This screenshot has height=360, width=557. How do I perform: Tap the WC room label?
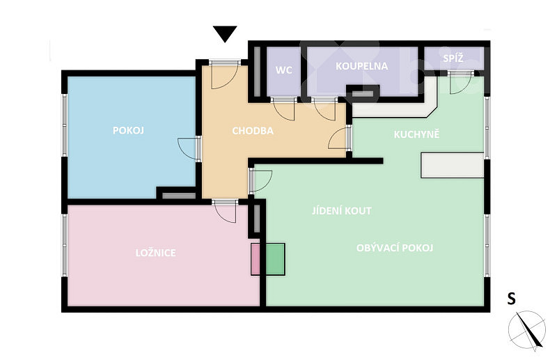[284, 70]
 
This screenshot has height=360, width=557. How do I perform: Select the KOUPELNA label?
[361, 66]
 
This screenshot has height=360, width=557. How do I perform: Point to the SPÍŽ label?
[453, 58]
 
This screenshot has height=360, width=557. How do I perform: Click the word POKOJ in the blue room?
[128, 130]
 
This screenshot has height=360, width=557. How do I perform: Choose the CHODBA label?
[253, 131]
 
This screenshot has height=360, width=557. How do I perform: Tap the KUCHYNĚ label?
[416, 134]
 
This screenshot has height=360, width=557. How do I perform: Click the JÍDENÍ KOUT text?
[342, 211]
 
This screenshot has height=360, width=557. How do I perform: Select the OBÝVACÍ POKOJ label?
[395, 248]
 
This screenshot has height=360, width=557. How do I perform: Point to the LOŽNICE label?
[155, 253]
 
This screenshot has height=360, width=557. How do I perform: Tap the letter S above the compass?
[511, 299]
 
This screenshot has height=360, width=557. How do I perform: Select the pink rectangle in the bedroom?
[256, 259]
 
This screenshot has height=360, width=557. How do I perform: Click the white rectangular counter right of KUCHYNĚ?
[452, 165]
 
